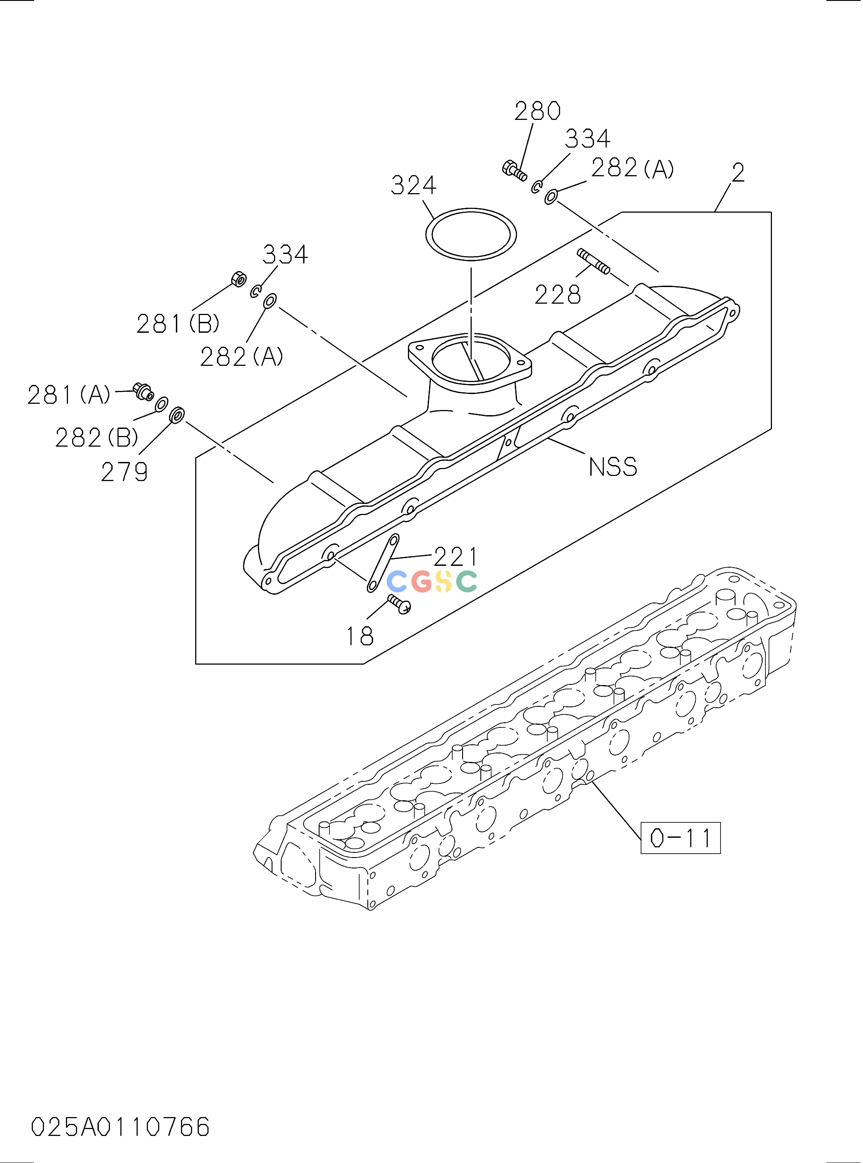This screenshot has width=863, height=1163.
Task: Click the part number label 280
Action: point(538,111)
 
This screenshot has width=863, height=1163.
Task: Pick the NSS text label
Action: point(613,467)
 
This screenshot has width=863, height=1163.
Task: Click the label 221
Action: point(455,557)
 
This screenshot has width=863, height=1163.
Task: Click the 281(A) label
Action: point(69,395)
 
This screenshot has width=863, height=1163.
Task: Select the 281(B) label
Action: point(178,324)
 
